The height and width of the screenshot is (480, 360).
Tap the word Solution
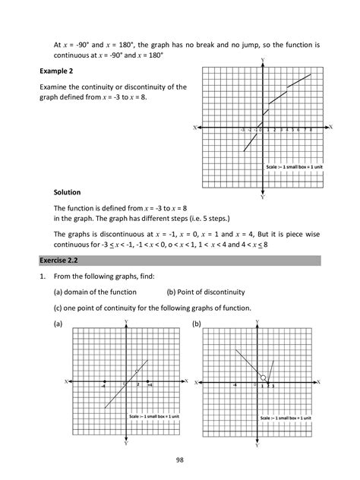(x=67, y=192)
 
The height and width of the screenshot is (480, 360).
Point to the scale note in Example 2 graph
(x=295, y=166)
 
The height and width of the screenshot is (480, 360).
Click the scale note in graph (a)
(x=153, y=416)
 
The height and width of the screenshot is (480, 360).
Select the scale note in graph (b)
(x=285, y=418)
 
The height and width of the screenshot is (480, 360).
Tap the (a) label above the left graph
(x=58, y=324)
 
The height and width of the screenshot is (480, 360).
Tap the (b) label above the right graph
(x=196, y=324)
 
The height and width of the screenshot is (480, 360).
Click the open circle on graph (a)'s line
(x=137, y=371)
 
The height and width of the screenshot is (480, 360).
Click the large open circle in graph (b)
(x=264, y=377)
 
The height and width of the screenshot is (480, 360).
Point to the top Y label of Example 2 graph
(x=263, y=59)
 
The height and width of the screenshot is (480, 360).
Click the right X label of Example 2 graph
(x=330, y=127)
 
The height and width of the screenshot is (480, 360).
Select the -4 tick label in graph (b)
(x=235, y=386)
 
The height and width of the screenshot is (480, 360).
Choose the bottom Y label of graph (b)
(x=257, y=445)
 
